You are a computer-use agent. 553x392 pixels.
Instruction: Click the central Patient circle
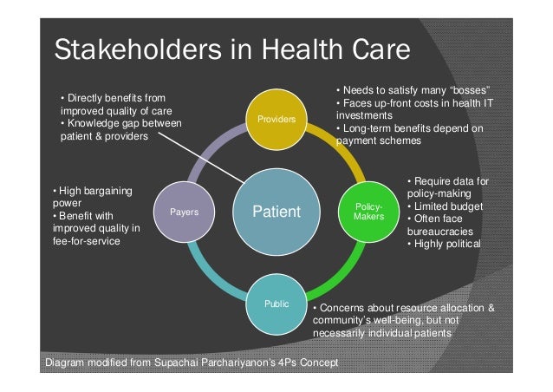tap(276, 211)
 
